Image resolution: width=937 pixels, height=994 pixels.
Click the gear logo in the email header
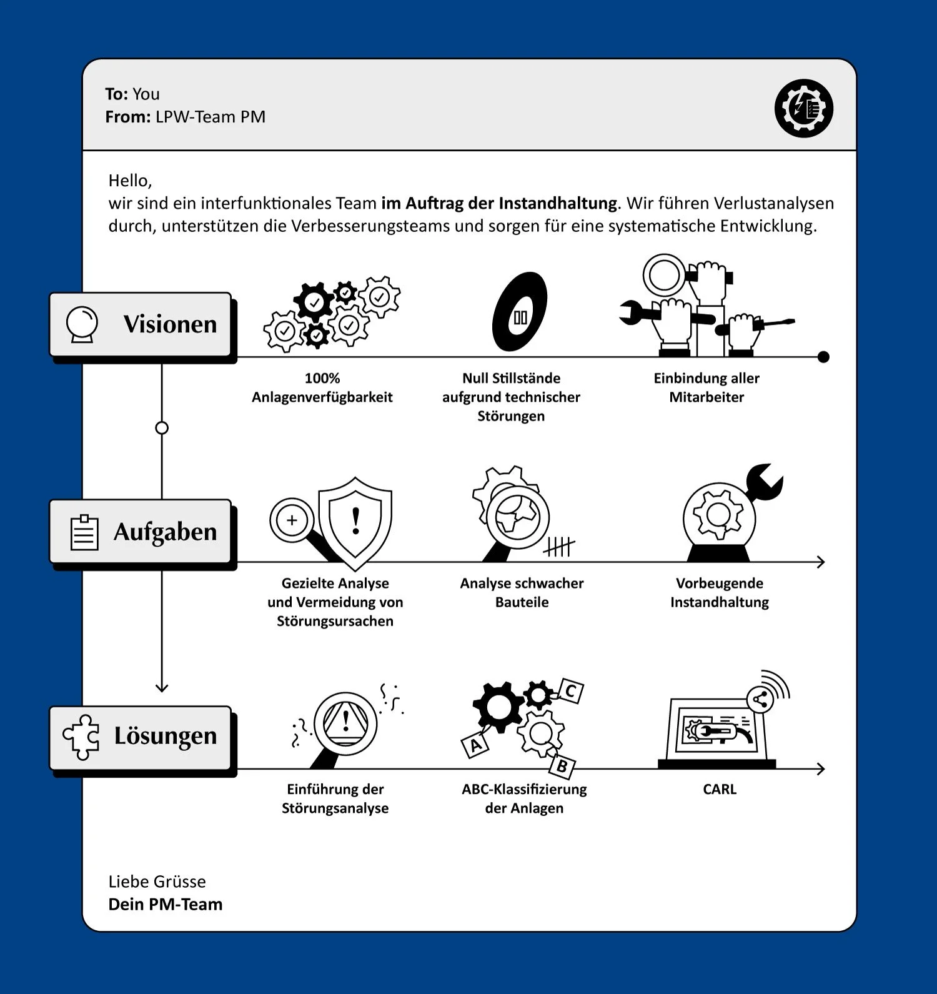pos(804,108)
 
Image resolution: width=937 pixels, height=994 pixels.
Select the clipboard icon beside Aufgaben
pos(84,532)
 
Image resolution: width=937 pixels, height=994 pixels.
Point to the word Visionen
pos(170,324)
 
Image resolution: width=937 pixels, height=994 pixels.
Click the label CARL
pos(720,789)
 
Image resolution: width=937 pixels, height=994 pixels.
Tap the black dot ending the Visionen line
pos(823,357)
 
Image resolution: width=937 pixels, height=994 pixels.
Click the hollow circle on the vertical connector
pos(162,428)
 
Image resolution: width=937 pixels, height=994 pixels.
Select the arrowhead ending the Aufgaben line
pos(821,562)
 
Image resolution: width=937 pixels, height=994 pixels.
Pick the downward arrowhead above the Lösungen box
pos(162,687)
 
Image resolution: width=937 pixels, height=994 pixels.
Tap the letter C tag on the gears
pos(570,692)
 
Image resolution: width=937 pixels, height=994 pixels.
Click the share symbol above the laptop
pos(760,700)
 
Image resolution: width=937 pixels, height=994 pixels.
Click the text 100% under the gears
pos(322,378)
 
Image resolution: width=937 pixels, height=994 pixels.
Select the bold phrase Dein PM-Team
pos(166,904)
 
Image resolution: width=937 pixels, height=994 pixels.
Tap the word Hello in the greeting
pos(129,181)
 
